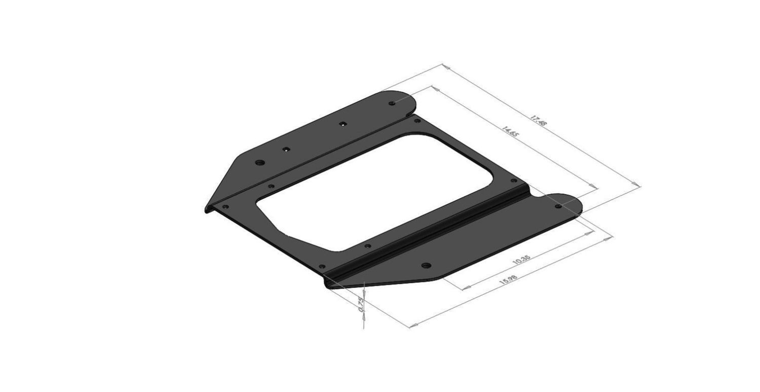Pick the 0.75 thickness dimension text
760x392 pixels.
[361, 304]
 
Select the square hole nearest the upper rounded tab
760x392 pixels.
[343, 123]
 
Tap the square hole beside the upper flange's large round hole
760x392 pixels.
[286, 149]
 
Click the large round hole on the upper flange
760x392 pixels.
[260, 163]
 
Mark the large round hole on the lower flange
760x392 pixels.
[426, 265]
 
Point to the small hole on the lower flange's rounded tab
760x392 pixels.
[558, 206]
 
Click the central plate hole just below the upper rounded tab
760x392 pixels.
[417, 121]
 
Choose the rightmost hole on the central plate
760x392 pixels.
[513, 181]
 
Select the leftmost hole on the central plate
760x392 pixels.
[225, 206]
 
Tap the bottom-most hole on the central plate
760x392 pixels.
[322, 266]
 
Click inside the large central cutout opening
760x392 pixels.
[375, 193]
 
